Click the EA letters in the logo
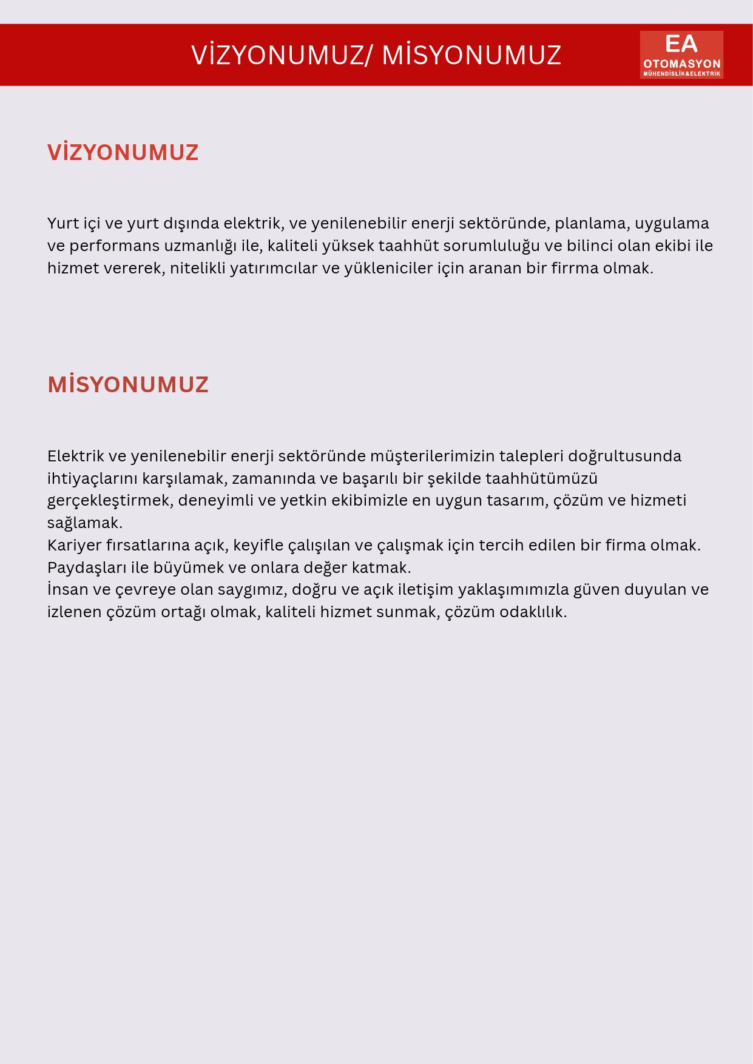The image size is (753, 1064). (681, 44)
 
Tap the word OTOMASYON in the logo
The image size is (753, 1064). (681, 64)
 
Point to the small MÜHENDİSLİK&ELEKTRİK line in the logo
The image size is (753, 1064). (681, 74)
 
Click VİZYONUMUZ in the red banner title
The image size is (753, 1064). (278, 55)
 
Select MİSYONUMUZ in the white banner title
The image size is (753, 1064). (471, 55)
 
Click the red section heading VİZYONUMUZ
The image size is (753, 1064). (123, 152)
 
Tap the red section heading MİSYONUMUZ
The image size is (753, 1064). (128, 385)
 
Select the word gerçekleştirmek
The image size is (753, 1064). (109, 501)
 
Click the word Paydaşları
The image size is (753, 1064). (87, 567)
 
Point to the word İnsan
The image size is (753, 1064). (67, 589)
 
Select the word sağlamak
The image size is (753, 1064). (85, 523)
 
